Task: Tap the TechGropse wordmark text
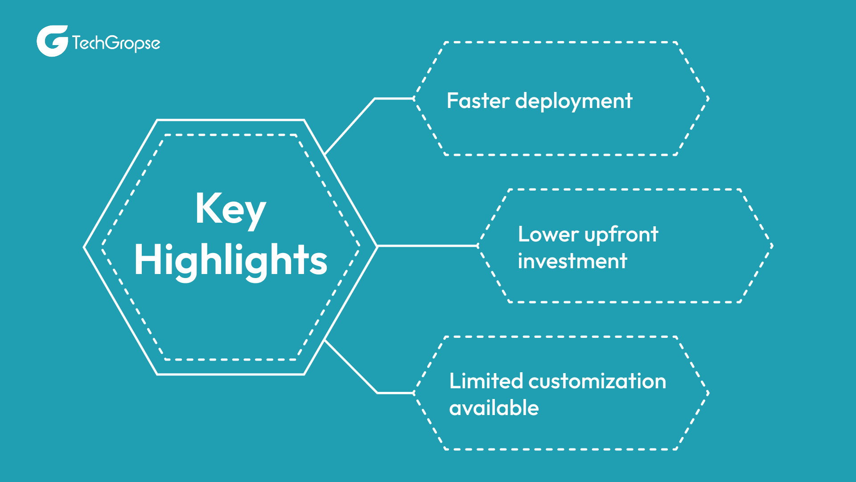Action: (x=116, y=43)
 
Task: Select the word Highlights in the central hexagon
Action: (x=230, y=260)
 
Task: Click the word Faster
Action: (x=478, y=101)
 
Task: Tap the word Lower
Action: (x=548, y=234)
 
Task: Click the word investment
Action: (x=572, y=261)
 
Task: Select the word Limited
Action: (x=486, y=381)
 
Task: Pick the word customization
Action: (x=597, y=382)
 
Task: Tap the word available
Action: (x=494, y=408)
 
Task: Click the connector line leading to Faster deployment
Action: (x=350, y=125)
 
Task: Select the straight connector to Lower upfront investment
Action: (x=427, y=245)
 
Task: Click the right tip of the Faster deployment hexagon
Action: (x=708, y=99)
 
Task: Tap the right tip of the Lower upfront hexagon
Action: (x=772, y=246)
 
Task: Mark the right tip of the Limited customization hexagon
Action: (x=708, y=393)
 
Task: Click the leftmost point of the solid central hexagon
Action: (x=85, y=247)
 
